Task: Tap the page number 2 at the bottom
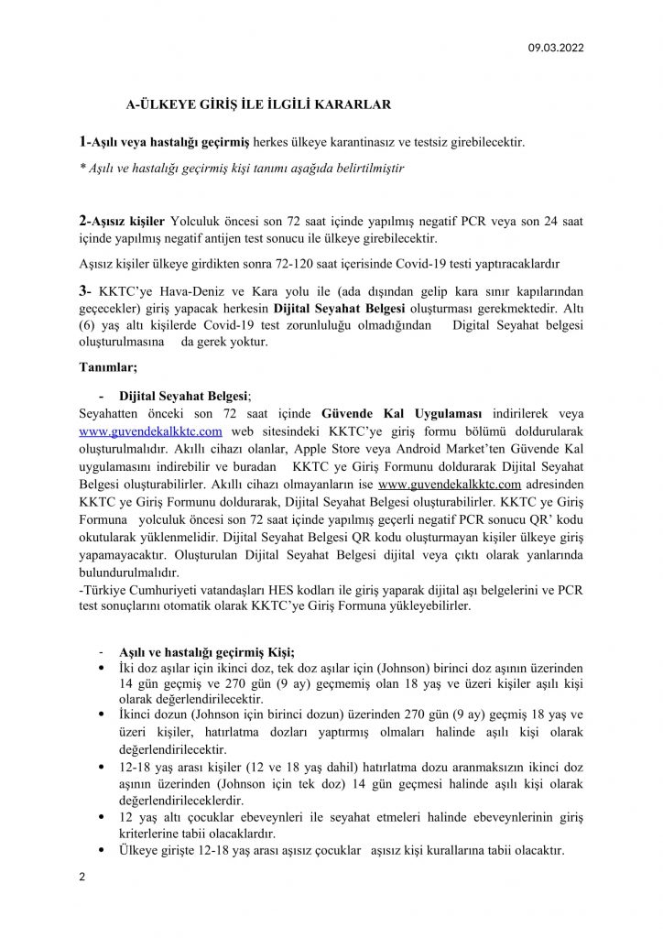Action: coord(82,877)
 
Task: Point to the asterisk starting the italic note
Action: coord(82,169)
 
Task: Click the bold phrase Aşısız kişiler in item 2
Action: coord(127,221)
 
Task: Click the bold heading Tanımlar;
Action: coord(109,368)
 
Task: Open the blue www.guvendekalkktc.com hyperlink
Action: coord(151,431)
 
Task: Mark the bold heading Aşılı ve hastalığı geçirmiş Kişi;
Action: coord(207,652)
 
